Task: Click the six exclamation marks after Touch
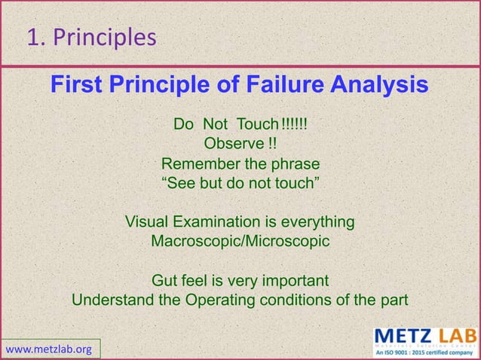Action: pyautogui.click(x=293, y=124)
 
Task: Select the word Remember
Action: pyautogui.click(x=198, y=164)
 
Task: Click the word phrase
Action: pyautogui.click(x=295, y=164)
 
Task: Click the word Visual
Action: pyautogui.click(x=146, y=223)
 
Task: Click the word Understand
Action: pyautogui.click(x=112, y=301)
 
